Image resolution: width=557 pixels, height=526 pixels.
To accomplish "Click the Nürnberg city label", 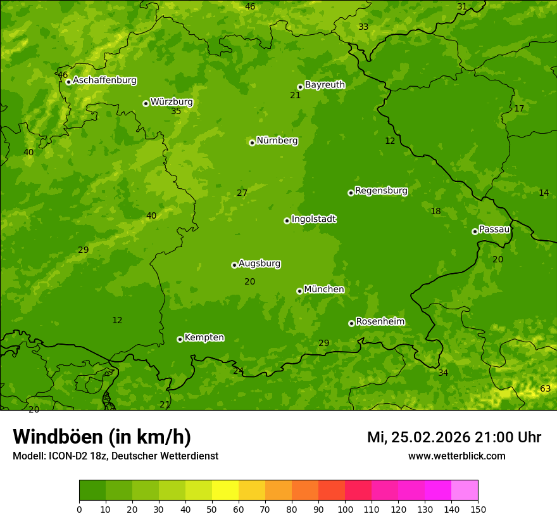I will coord(277,141).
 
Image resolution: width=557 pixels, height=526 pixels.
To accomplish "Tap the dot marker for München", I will coord(299,291).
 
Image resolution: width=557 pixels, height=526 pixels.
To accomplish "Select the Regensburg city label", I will coord(381,191).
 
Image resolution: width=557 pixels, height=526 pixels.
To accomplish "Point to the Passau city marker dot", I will coord(475,231).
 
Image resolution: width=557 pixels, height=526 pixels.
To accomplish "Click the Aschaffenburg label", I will coord(104,80).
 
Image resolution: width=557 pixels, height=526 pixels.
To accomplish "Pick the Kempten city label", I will coord(204,338).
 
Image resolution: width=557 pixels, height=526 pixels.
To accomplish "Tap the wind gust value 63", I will coord(545,388).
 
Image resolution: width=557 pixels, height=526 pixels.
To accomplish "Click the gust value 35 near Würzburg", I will coord(176,112).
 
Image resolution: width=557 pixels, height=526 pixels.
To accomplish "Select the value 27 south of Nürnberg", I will coord(242,193).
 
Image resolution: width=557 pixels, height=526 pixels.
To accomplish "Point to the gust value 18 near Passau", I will coord(435,212).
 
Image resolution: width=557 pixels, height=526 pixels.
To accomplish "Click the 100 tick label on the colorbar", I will coord(345,509).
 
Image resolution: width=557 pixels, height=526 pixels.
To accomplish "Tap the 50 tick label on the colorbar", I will coord(212,509).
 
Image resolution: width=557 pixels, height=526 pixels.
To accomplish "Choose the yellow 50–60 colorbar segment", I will coord(225,490).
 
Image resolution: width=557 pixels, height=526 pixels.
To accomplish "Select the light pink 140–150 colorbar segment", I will coord(465,490).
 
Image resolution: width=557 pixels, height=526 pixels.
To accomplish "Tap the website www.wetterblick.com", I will coord(456,456).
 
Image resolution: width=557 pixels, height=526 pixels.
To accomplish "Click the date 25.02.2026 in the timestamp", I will coord(430,437).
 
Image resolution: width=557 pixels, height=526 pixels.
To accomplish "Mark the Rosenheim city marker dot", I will coord(351,323).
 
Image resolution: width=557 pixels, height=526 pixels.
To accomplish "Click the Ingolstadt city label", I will coord(313,219).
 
